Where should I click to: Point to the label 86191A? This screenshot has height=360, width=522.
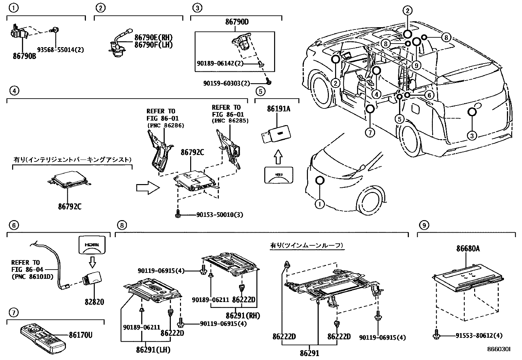click(278, 109)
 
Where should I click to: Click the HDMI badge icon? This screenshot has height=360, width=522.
click(92, 245)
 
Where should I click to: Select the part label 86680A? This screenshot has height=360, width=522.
click(468, 249)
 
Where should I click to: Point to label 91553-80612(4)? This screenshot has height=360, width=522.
click(479, 335)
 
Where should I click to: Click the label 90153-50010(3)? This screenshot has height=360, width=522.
click(220, 215)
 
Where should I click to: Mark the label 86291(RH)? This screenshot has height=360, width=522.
click(243, 316)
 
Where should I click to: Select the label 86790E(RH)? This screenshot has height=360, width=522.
click(153, 38)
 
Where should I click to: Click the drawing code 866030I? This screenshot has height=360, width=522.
click(498, 350)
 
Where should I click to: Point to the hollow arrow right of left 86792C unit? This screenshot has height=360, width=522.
click(147, 188)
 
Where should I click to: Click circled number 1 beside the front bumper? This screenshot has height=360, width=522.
click(319, 204)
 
